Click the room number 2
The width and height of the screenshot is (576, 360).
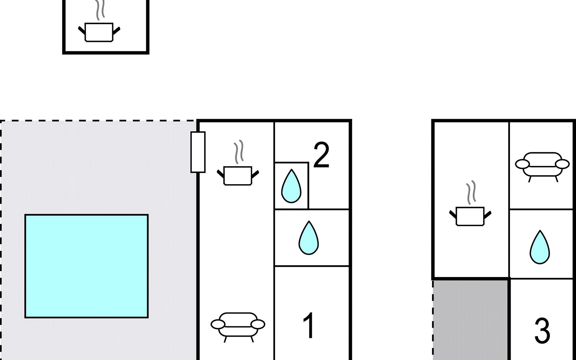coord(321,155)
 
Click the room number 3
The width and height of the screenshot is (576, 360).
coord(542,331)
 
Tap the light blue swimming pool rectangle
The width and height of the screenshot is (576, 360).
coord(86,266)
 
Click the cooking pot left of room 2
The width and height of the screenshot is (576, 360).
coord(238,175)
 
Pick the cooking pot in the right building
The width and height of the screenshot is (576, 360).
coord(470,216)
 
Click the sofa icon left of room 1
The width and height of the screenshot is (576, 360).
coord(238,327)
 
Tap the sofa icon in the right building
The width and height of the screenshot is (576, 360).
coord(542,167)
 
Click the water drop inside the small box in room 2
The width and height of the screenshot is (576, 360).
coord(291,186)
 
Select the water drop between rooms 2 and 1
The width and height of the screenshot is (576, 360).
coord(308,238)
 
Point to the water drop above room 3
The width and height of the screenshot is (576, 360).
coord(540,247)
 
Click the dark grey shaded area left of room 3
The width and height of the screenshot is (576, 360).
coord(470,320)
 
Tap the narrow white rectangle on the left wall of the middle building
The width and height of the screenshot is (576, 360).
coord(198,152)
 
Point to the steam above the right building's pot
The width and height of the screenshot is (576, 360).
coord(471,192)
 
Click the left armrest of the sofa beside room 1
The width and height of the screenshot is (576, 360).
coord(218,324)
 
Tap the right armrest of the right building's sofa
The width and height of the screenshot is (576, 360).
coord(562,164)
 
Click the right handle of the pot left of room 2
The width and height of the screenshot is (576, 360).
coord(255,174)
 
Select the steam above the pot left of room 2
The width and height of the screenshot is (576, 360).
coord(238,152)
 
